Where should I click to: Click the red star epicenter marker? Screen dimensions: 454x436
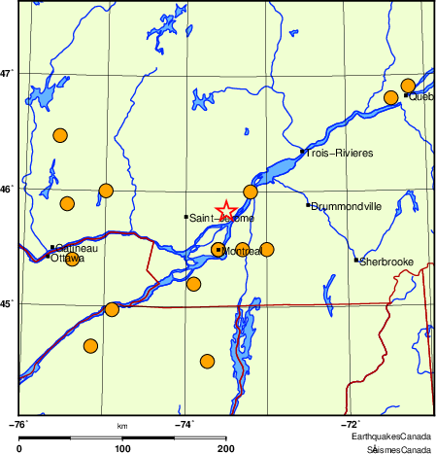(225, 210)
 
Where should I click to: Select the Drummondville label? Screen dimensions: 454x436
(347, 207)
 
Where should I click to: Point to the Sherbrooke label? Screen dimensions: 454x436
(387, 262)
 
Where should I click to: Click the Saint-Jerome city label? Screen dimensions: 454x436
(221, 219)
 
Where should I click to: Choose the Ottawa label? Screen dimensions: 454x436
(67, 259)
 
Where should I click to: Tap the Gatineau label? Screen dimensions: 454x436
(77, 248)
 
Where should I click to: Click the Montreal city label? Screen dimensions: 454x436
(242, 252)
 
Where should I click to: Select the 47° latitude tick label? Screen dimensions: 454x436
(8, 73)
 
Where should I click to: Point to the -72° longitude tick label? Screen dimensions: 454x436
(351, 424)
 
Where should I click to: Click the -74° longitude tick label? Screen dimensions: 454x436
(184, 424)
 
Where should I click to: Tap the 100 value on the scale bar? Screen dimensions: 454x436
(122, 448)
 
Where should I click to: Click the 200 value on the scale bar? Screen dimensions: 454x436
(226, 448)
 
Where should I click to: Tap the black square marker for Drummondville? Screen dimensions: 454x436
(308, 205)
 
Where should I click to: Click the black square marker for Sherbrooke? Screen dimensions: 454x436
(356, 260)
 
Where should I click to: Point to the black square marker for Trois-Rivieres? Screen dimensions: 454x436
(304, 152)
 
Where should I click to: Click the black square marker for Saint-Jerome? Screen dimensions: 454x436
(185, 217)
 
